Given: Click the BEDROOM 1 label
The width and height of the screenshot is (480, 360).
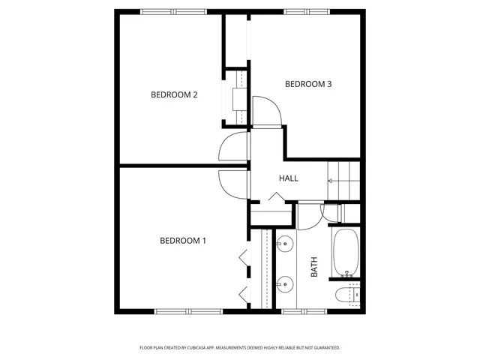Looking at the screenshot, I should (x=183, y=241).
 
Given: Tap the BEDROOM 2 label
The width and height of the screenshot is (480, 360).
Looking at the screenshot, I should (x=174, y=94).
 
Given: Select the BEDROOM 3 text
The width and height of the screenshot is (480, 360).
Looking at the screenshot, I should (x=308, y=84).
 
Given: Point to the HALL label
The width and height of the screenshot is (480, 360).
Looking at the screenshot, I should (x=289, y=178).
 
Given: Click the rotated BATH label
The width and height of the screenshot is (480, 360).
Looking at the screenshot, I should (x=314, y=268).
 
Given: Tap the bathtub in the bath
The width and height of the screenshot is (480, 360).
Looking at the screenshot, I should (x=346, y=251).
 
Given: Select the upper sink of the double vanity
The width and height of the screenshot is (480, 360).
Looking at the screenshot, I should (x=285, y=243).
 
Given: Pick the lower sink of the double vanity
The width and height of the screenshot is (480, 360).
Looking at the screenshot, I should (x=285, y=284).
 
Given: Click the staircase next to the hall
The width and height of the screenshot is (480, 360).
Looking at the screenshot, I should (x=345, y=181).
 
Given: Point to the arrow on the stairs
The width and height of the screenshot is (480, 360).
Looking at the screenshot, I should (x=330, y=181).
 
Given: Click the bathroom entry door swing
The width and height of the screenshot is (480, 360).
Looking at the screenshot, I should (x=309, y=215).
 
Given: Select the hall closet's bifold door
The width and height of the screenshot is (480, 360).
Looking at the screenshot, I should (x=273, y=198).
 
